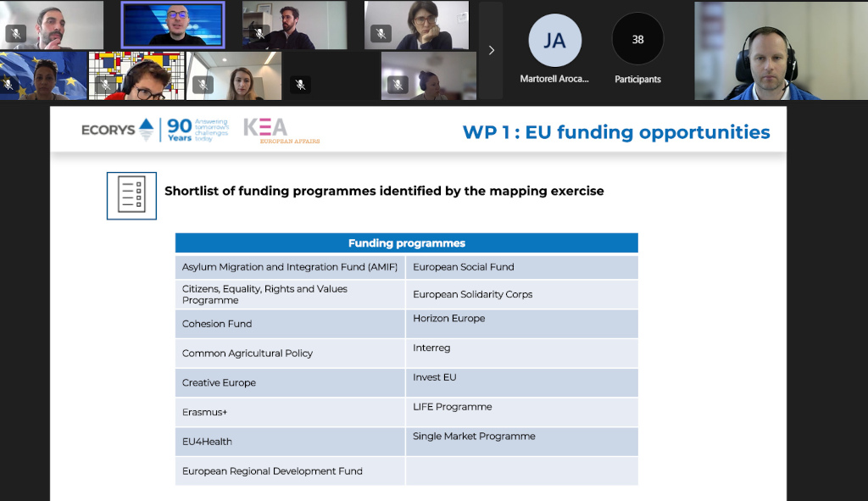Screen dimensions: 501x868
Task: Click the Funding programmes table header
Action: pos(406,243)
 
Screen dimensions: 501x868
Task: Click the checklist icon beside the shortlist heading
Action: pos(131,195)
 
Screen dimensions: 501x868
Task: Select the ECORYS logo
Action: pos(118,130)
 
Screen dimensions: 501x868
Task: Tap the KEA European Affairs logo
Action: pos(280,130)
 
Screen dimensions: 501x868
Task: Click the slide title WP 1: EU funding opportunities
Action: pos(616,132)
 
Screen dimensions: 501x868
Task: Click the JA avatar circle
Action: pos(554,40)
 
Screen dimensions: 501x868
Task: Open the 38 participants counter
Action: pos(637,40)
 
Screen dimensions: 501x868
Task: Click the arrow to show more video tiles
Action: pos(492,50)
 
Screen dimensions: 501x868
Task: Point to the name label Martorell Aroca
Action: pos(554,80)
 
